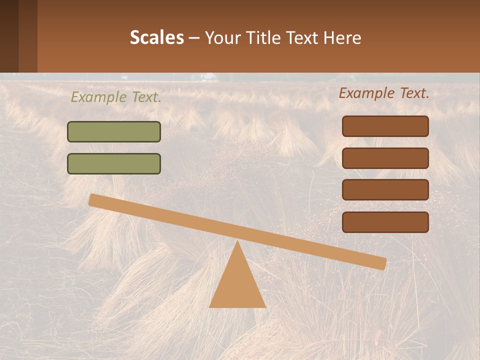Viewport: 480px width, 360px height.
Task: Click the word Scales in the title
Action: [x=156, y=37]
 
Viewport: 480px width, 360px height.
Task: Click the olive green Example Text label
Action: [x=116, y=97]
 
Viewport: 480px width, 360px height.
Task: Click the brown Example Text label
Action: [x=384, y=93]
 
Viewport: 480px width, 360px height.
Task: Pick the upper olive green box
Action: [x=114, y=131]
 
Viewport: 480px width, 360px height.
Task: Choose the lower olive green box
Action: [x=114, y=163]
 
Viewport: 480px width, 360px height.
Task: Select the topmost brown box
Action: [x=385, y=126]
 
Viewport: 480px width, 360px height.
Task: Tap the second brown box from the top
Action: [x=385, y=158]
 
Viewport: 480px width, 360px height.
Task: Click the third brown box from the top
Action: [x=385, y=189]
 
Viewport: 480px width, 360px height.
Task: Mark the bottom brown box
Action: [x=385, y=222]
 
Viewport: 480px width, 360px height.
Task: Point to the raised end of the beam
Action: [x=94, y=199]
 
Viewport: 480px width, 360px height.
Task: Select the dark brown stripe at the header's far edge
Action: [x=9, y=36]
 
